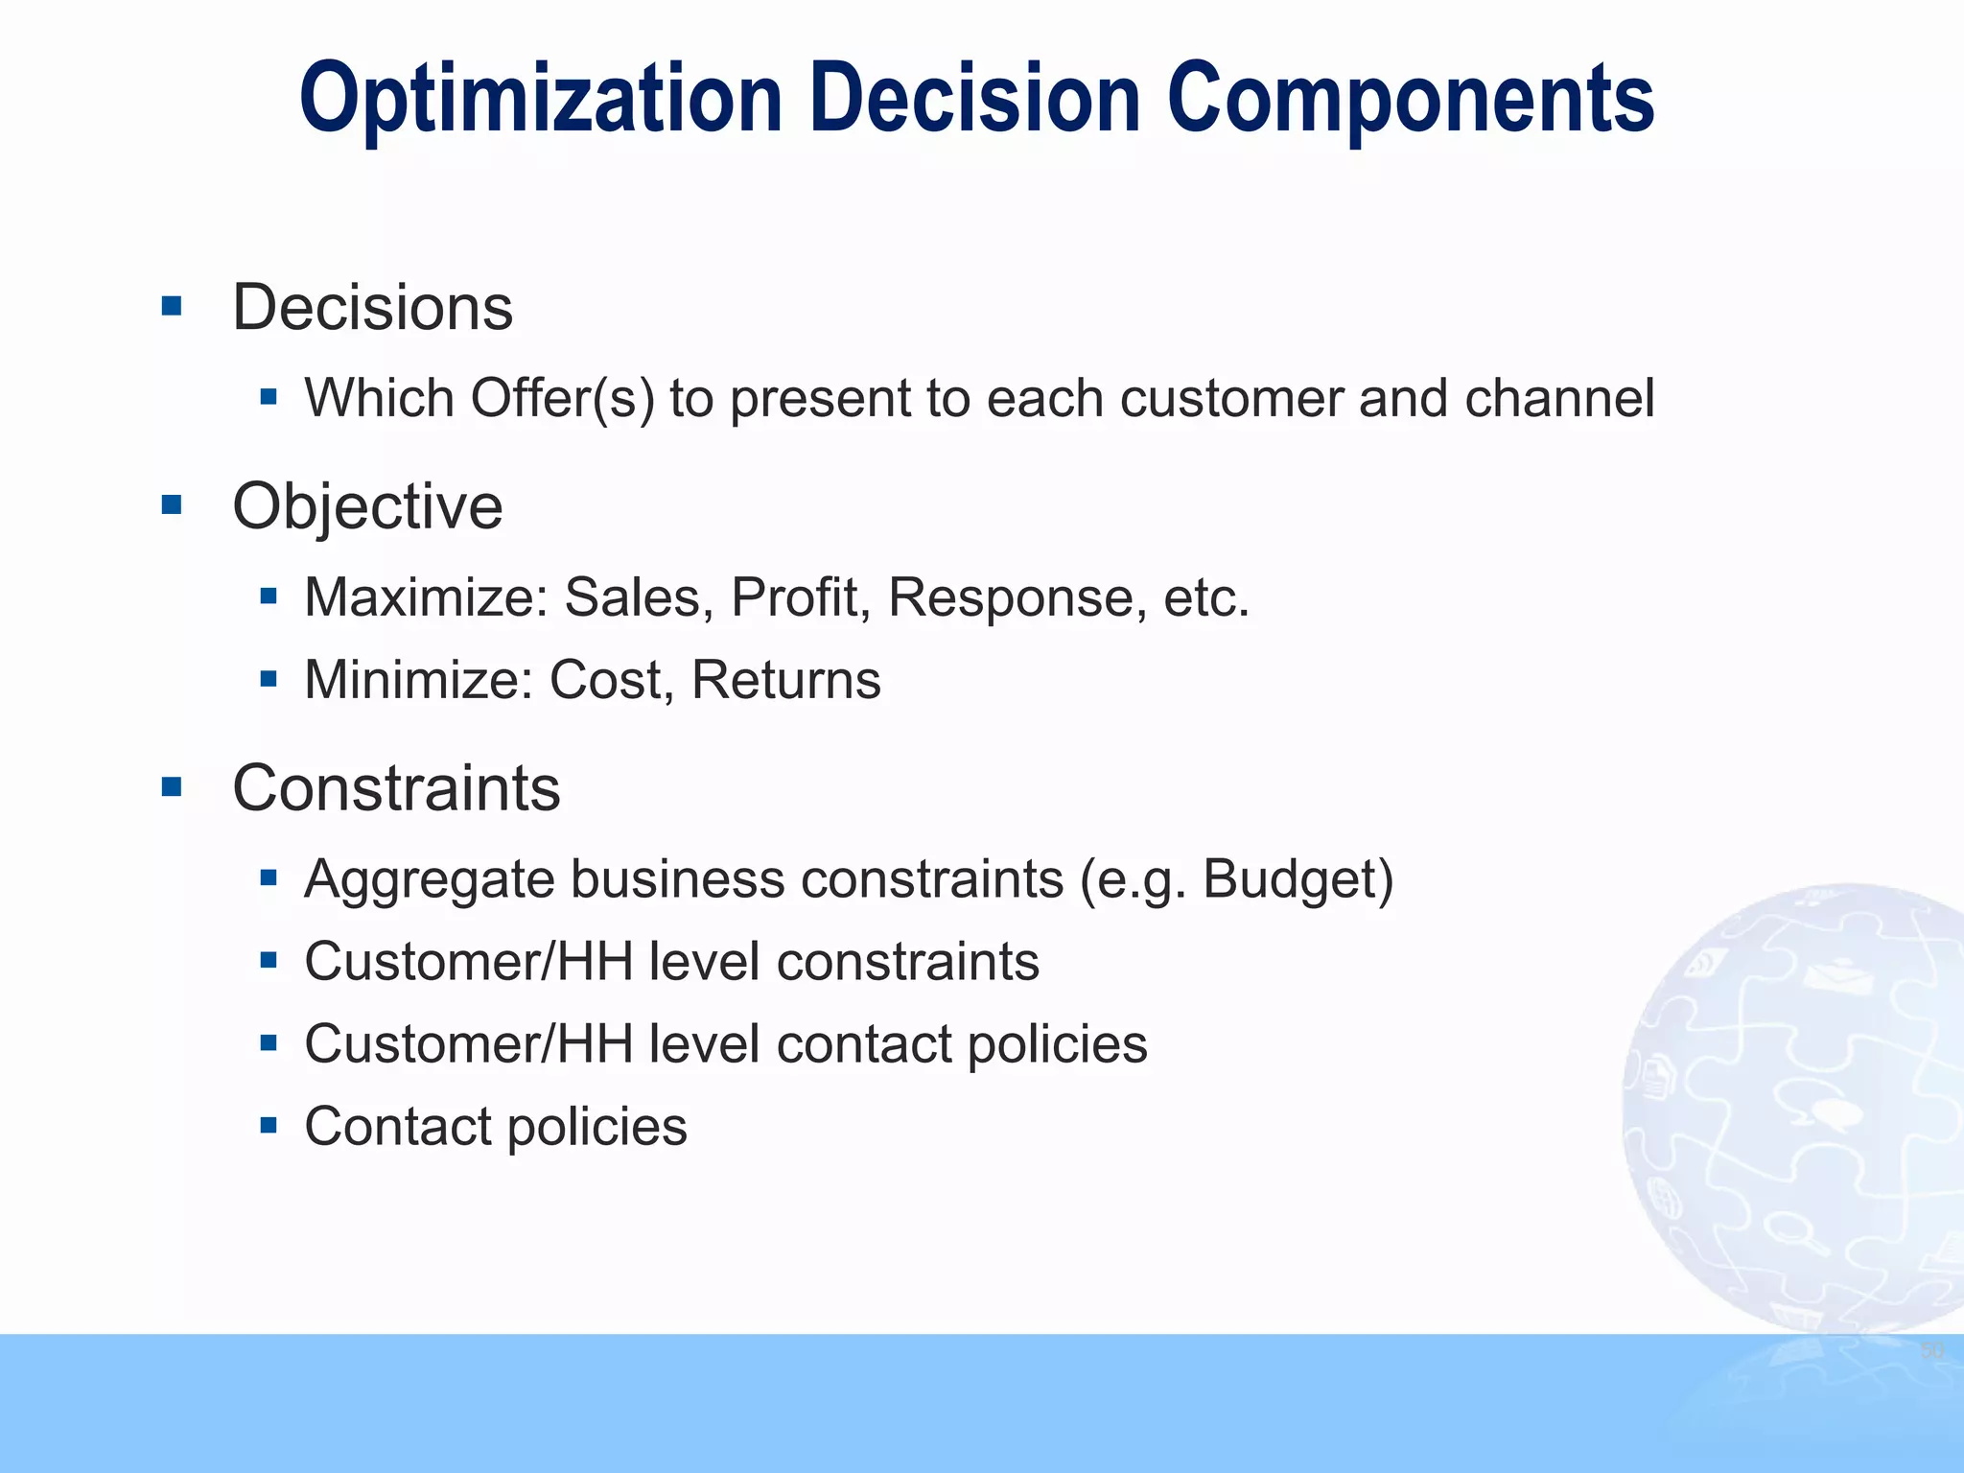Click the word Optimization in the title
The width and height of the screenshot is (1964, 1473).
tap(541, 100)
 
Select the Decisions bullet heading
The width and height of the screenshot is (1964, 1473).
tap(372, 308)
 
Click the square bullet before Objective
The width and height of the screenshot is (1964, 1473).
tap(173, 504)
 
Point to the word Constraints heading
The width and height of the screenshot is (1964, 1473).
tap(396, 788)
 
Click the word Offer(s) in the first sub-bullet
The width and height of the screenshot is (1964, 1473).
tap(563, 398)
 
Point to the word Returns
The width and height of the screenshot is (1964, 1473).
tap(785, 680)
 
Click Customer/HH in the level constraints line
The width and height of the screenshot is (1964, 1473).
tap(468, 961)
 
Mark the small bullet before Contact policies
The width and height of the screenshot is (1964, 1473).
tap(269, 1125)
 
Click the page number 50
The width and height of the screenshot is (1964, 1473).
tap(1932, 1351)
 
